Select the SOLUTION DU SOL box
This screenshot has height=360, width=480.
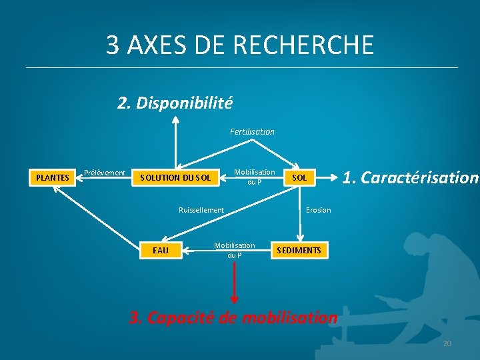175,177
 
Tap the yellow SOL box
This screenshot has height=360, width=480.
299,177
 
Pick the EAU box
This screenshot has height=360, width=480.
161,250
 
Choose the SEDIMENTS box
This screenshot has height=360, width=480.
299,250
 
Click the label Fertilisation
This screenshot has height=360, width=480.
252,132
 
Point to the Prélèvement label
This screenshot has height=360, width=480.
105,173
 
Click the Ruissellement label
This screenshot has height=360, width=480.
201,210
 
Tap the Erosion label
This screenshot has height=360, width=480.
318,210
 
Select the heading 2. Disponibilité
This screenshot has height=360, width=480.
175,103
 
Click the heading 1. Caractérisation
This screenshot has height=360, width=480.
410,178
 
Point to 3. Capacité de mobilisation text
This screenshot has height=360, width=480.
233,317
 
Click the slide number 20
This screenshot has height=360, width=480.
447,343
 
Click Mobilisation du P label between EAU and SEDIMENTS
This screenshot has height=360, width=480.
234,250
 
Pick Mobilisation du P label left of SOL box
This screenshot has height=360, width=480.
254,177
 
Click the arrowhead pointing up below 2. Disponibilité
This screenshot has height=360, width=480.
175,121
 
